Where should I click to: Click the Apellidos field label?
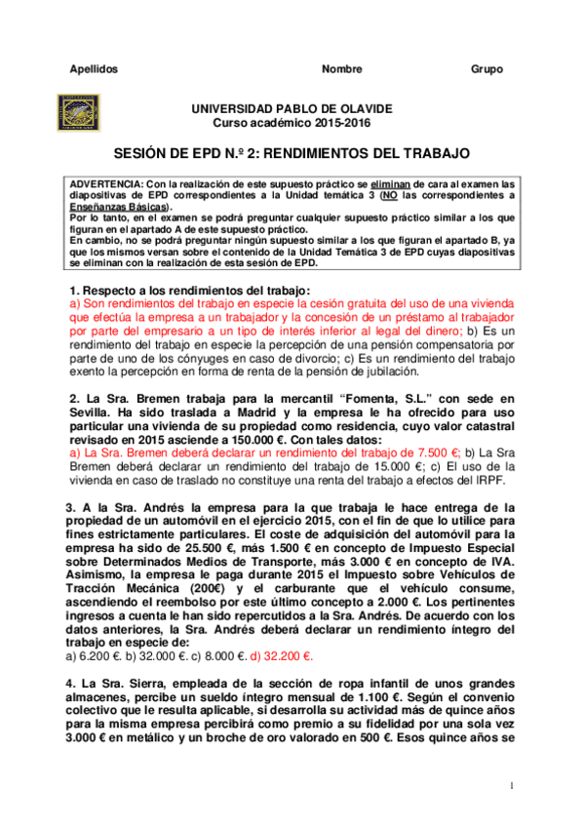point(96,69)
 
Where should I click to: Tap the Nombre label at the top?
point(341,69)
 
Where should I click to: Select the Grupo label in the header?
point(487,69)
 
